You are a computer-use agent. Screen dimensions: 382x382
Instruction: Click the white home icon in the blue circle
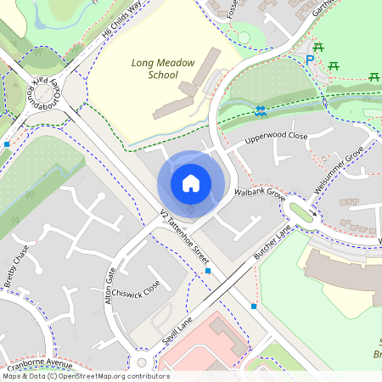(x=191, y=183)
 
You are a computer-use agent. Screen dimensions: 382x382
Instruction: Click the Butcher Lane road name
(x=272, y=243)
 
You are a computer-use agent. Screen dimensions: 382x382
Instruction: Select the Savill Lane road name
(x=177, y=330)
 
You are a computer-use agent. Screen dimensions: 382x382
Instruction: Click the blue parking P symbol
(x=309, y=60)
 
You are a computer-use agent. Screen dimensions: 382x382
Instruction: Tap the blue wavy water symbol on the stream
(x=261, y=110)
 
